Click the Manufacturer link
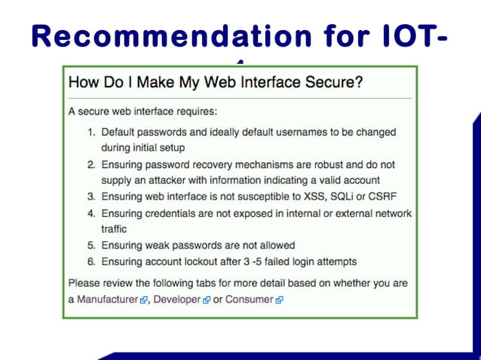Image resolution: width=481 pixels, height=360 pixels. (107, 300)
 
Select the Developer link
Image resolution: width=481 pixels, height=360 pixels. (177, 300)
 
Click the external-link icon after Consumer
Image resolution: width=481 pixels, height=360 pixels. (280, 301)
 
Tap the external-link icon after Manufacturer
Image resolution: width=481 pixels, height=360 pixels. (143, 301)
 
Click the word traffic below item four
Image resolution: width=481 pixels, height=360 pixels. (114, 229)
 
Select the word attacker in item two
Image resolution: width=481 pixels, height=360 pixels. (164, 180)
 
